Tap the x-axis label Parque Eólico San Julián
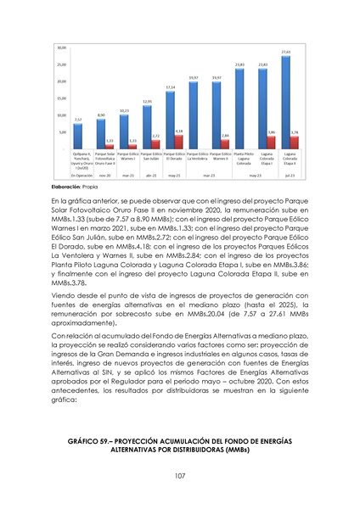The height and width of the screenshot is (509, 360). (x=147, y=159)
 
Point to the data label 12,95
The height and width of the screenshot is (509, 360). (x=147, y=102)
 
